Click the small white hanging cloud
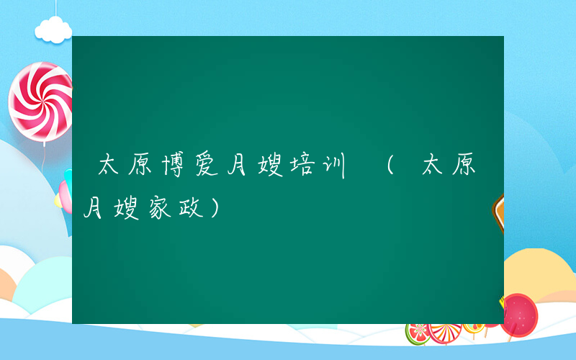(x=54, y=30)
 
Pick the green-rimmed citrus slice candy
(x=418, y=333)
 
